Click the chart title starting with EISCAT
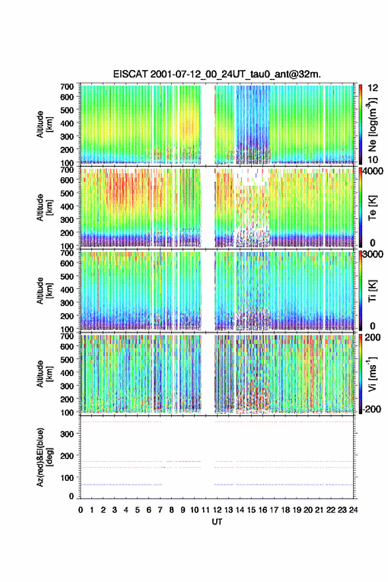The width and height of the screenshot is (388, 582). click(x=217, y=75)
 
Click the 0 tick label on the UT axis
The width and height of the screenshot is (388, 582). click(x=81, y=510)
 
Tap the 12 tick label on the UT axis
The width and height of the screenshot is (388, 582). click(x=217, y=510)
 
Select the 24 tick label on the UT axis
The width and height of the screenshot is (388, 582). click(x=353, y=510)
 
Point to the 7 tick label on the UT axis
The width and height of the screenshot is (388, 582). click(x=160, y=510)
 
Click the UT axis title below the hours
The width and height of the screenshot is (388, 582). click(x=217, y=522)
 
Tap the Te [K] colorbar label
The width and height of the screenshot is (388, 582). click(x=373, y=208)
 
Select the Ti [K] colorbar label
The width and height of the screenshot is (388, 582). click(x=373, y=291)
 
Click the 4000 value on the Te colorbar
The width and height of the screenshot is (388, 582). click(x=373, y=171)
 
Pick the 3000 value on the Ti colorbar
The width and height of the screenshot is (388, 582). click(x=373, y=254)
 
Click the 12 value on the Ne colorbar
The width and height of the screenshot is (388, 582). click(x=373, y=88)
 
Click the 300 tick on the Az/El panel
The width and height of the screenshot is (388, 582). click(x=67, y=434)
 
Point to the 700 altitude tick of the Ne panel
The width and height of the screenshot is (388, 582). click(x=67, y=87)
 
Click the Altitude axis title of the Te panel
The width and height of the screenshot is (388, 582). click(x=44, y=207)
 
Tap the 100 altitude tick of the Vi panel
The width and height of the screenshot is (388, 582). click(x=67, y=412)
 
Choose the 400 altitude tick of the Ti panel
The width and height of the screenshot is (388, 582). click(x=67, y=290)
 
